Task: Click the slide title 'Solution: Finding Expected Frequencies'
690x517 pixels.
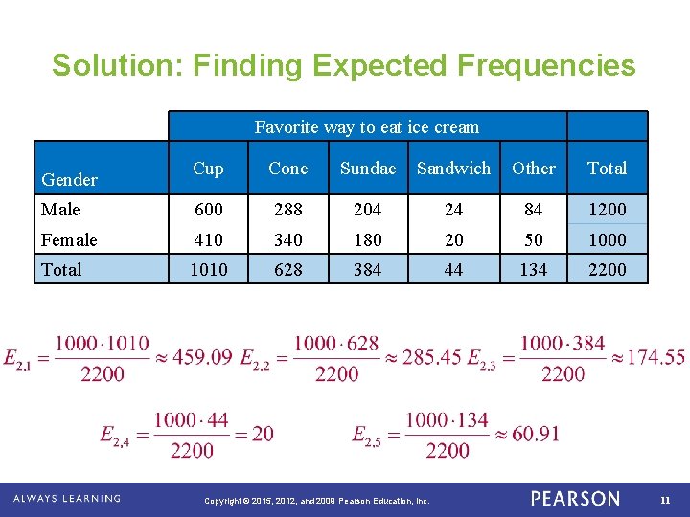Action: [343, 65]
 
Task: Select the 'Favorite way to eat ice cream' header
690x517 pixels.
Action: [367, 126]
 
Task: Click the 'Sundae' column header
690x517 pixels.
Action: [367, 169]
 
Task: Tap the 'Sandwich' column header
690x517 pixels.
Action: [453, 169]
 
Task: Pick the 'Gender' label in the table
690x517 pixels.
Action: [70, 179]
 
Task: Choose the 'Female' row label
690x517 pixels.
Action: [69, 239]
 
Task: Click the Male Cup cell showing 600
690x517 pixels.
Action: [208, 210]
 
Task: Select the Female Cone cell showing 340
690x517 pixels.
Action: [287, 239]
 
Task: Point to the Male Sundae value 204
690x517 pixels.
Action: [367, 210]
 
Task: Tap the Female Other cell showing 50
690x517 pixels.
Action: [533, 239]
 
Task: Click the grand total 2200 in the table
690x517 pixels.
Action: [607, 270]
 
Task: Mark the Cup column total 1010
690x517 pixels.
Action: [208, 270]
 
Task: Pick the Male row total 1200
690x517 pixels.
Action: [607, 210]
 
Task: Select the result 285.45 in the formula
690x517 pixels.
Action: [432, 357]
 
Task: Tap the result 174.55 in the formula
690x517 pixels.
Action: [655, 357]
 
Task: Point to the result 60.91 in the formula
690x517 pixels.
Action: [536, 435]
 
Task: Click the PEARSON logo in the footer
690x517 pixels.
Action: [575, 499]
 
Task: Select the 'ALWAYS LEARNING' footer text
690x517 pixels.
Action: [66, 499]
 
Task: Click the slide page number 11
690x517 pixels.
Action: [665, 499]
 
